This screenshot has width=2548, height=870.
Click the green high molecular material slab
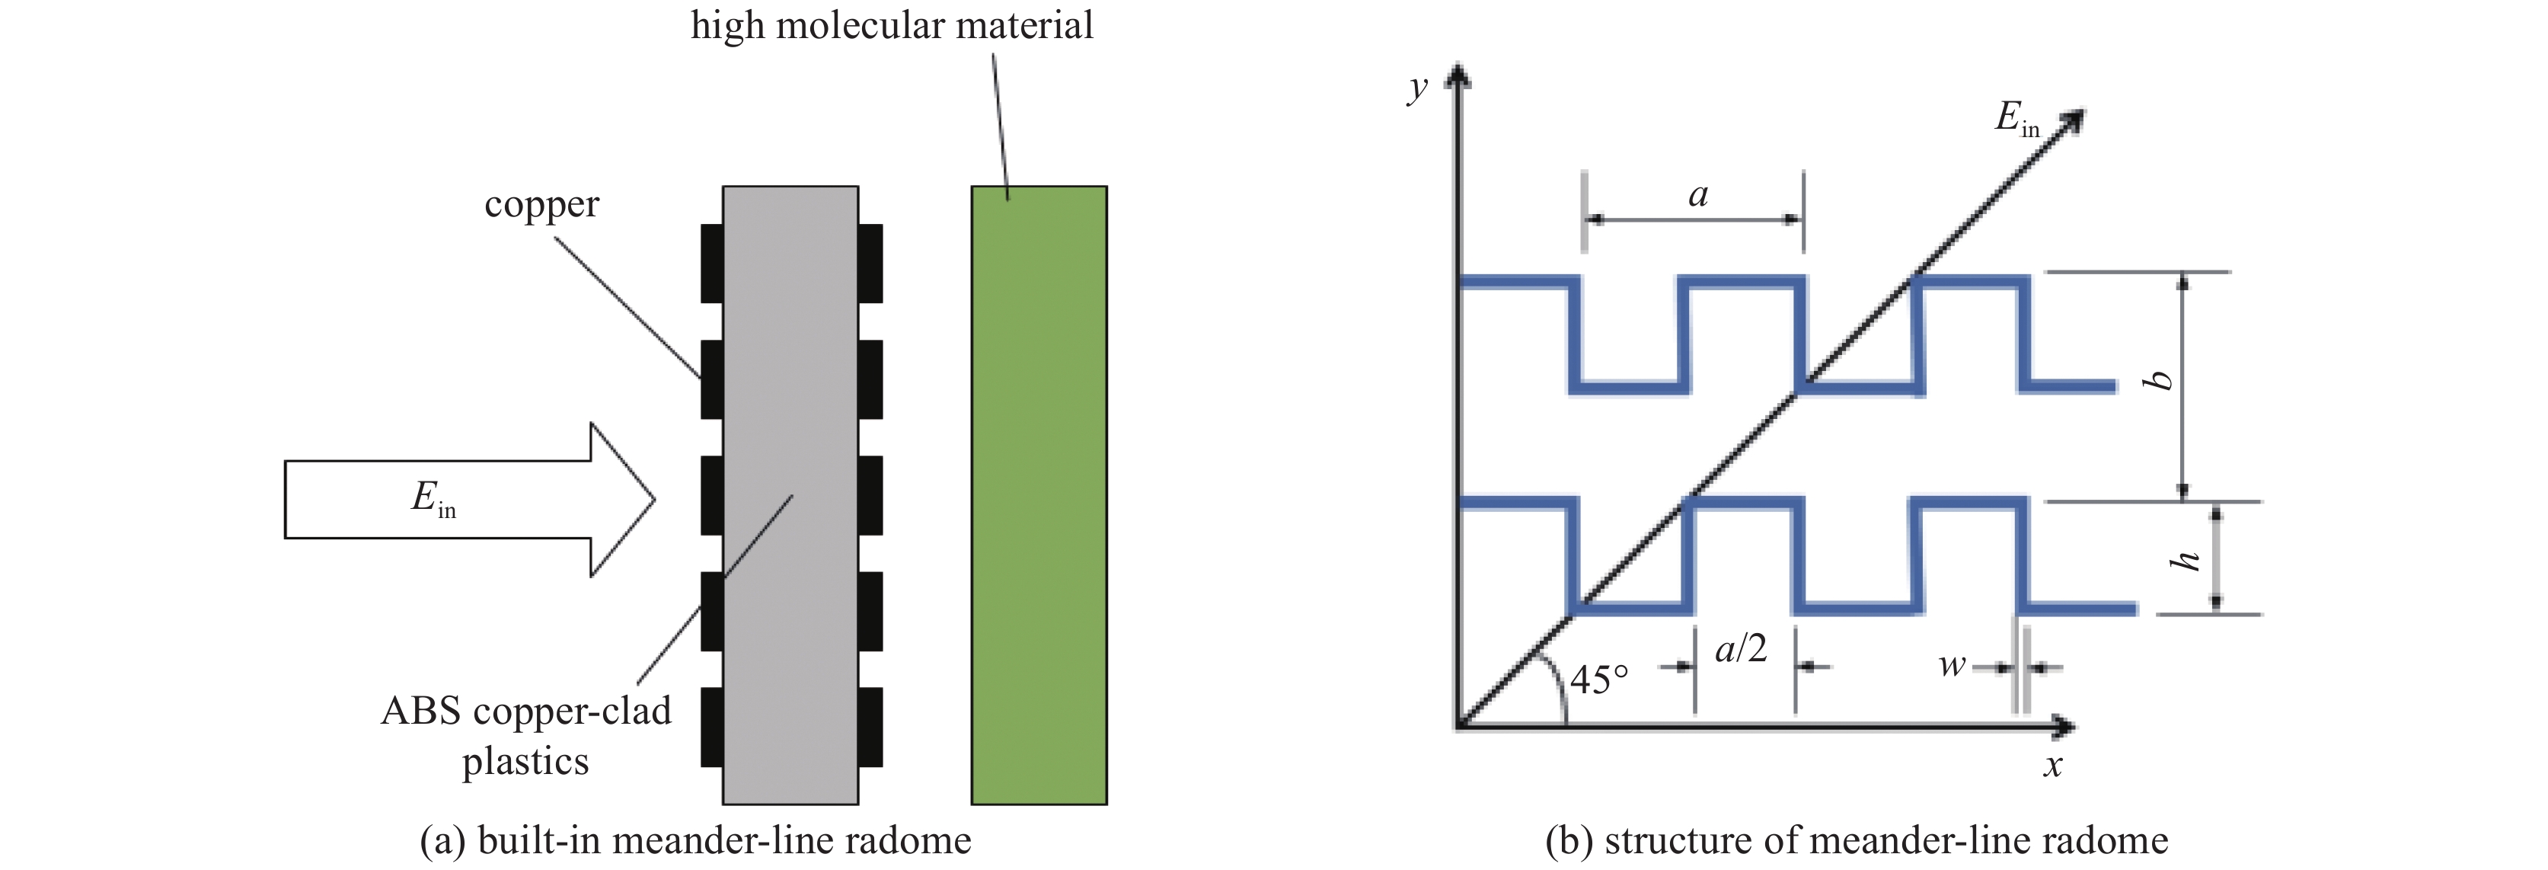pyautogui.click(x=1039, y=495)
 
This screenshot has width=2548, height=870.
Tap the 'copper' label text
pyautogui.click(x=541, y=205)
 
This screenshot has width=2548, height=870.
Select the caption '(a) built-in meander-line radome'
pyautogui.click(x=695, y=840)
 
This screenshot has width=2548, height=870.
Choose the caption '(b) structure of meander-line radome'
pyautogui.click(x=1856, y=840)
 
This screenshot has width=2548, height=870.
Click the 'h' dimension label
pyautogui.click(x=2184, y=560)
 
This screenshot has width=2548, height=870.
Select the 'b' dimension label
pyautogui.click(x=2162, y=380)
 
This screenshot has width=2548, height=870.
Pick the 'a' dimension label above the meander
pyautogui.click(x=1698, y=194)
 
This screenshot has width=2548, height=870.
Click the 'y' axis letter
pyautogui.click(x=1417, y=88)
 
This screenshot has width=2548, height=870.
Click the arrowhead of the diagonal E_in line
pyautogui.click(x=2071, y=122)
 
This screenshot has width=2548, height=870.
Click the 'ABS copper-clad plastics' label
pyautogui.click(x=525, y=735)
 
